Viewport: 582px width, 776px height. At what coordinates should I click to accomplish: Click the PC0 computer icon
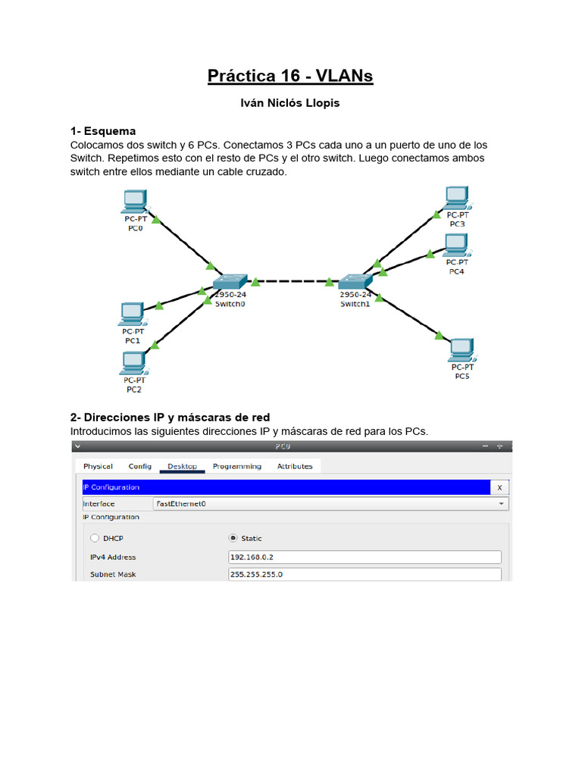(x=134, y=201)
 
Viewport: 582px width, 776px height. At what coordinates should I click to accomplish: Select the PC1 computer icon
(x=132, y=313)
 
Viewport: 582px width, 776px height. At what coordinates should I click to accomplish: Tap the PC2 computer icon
(x=133, y=363)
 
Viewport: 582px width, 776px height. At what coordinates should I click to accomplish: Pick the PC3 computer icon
(x=456, y=197)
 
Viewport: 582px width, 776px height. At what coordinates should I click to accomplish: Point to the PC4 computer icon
(x=455, y=245)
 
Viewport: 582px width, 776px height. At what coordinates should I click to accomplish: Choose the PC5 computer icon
(x=462, y=349)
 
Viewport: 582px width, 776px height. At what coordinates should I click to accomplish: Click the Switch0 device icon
(x=230, y=283)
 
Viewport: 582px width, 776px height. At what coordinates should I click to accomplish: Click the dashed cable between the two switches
(x=293, y=282)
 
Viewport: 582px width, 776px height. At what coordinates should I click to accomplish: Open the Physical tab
(x=99, y=466)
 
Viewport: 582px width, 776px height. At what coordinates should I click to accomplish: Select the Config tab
(x=140, y=466)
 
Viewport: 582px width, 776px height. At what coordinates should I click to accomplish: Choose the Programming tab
(x=237, y=466)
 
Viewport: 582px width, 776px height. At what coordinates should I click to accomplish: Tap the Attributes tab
(x=295, y=466)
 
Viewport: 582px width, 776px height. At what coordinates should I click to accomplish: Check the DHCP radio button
(x=95, y=538)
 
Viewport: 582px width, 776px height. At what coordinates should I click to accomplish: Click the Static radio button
(x=233, y=538)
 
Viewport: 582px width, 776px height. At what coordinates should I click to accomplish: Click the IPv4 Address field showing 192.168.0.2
(x=365, y=557)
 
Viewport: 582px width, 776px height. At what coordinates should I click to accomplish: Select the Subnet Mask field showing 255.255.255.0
(x=365, y=574)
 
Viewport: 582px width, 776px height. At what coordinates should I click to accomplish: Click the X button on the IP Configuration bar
(x=499, y=487)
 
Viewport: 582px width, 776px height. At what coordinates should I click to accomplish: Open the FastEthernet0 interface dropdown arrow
(x=501, y=503)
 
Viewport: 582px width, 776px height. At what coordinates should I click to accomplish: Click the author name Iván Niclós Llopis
(x=290, y=103)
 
